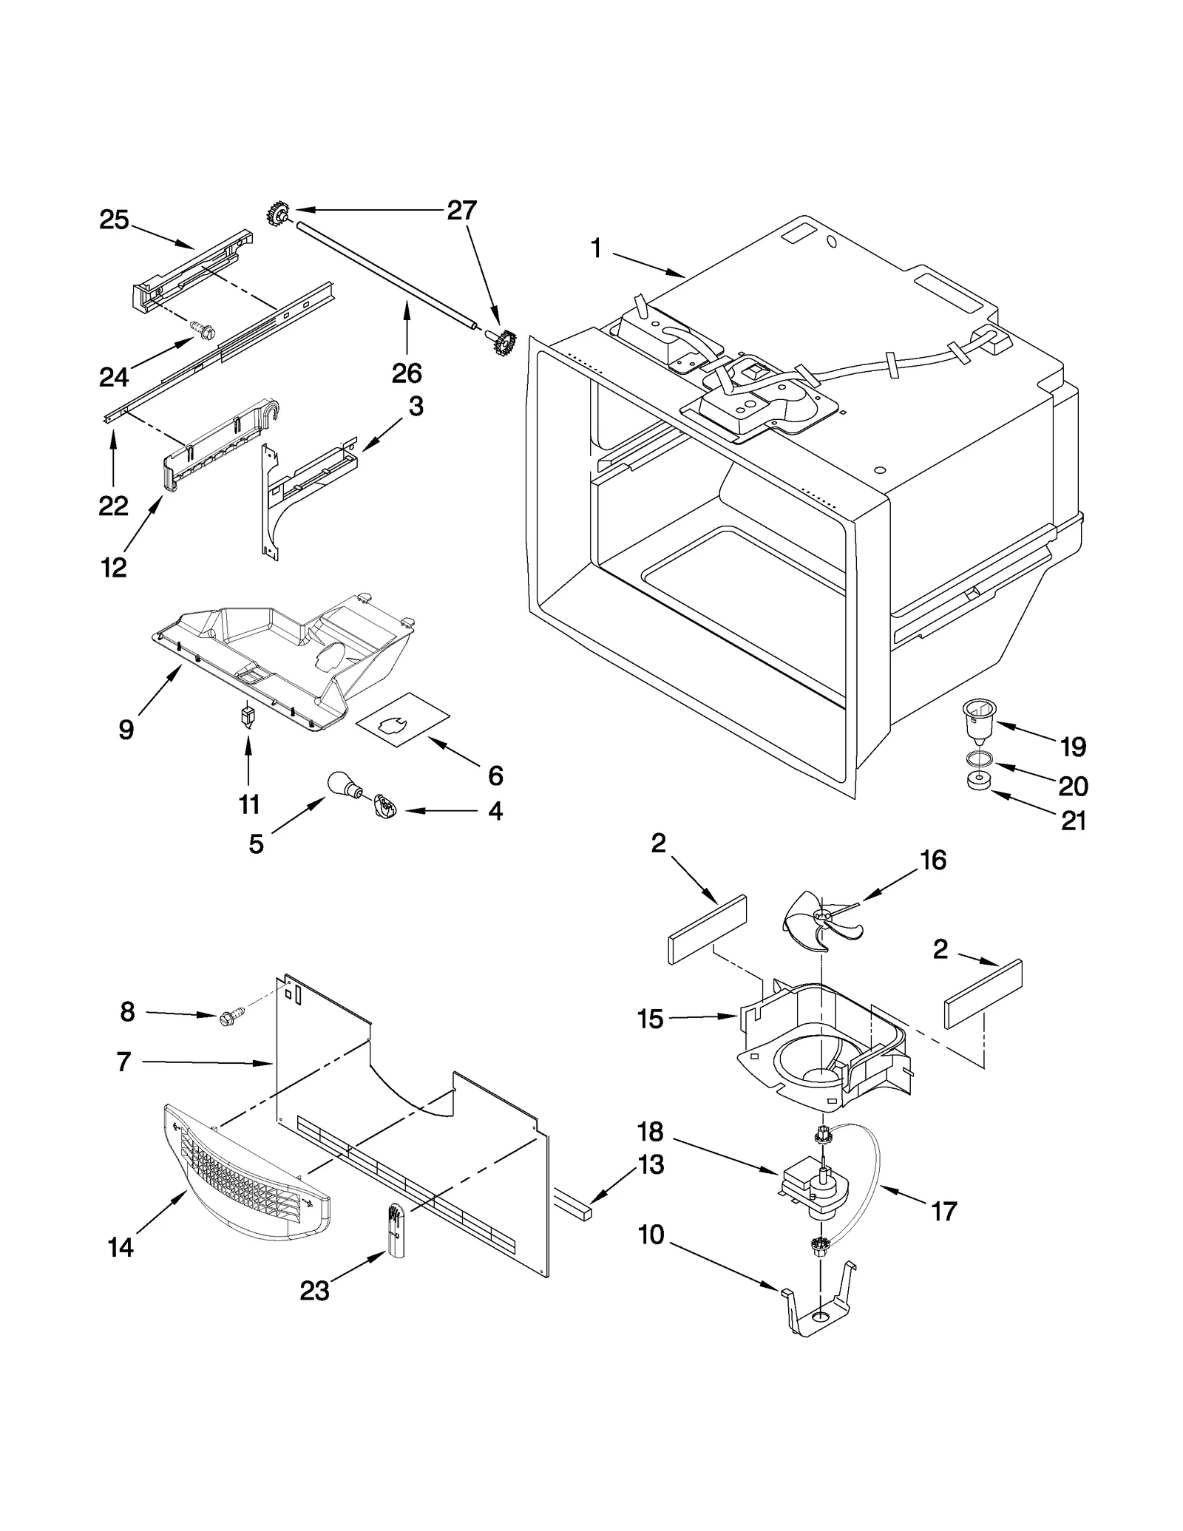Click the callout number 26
pyautogui.click(x=407, y=373)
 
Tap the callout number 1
pyautogui.click(x=596, y=249)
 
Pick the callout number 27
pyautogui.click(x=461, y=211)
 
